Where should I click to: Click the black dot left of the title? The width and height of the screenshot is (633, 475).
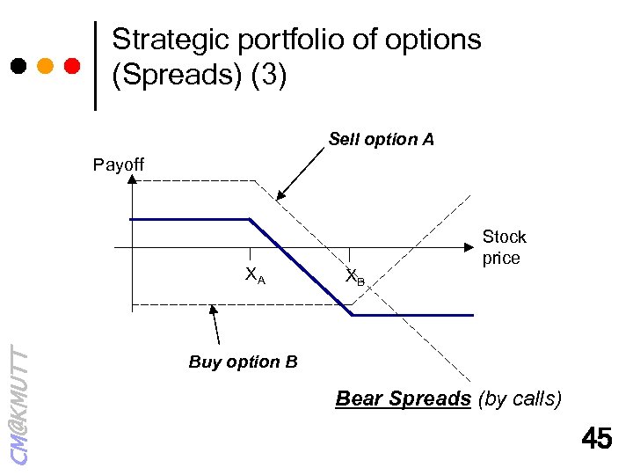click(18, 66)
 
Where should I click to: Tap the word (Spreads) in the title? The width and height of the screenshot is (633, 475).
click(177, 76)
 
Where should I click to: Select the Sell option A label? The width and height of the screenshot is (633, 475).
click(381, 139)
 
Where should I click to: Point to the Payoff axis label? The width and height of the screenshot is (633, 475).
click(119, 164)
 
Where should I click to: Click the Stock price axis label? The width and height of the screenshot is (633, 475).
click(504, 247)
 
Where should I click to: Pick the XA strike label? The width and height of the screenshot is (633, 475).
click(255, 276)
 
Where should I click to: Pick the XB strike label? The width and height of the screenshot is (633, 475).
click(355, 277)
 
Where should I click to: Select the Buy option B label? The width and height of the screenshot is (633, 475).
click(243, 362)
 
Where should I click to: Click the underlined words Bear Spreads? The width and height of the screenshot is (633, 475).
click(404, 398)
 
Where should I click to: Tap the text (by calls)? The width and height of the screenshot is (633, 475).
click(519, 398)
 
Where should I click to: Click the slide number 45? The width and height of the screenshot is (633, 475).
click(597, 439)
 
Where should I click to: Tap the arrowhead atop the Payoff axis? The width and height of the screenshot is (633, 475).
click(131, 179)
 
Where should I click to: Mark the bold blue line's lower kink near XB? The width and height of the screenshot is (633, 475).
click(352, 314)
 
